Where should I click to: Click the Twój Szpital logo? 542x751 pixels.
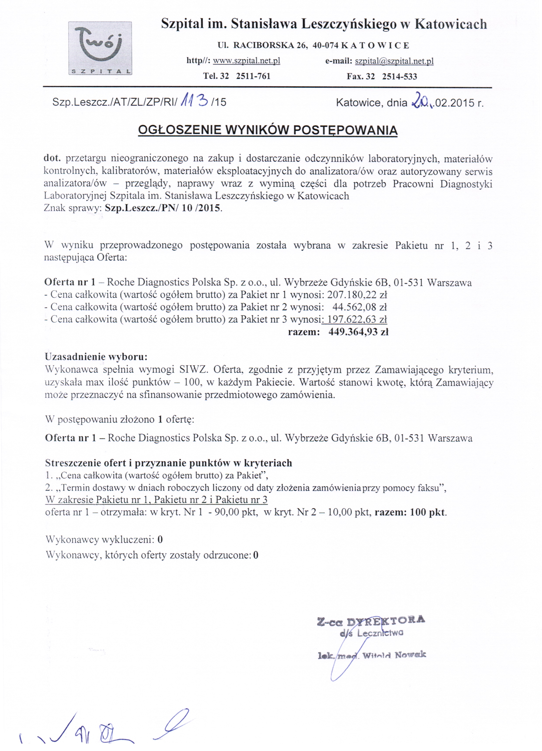100,48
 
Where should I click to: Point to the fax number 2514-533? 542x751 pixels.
400,76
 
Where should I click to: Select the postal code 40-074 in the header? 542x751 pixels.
325,45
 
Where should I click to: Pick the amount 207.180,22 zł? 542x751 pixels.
357,294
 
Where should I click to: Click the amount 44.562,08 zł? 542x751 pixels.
360,307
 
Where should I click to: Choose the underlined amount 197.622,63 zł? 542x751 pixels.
357,319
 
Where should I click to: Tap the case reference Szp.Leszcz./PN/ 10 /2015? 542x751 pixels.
162,208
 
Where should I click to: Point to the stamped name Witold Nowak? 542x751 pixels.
394,655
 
